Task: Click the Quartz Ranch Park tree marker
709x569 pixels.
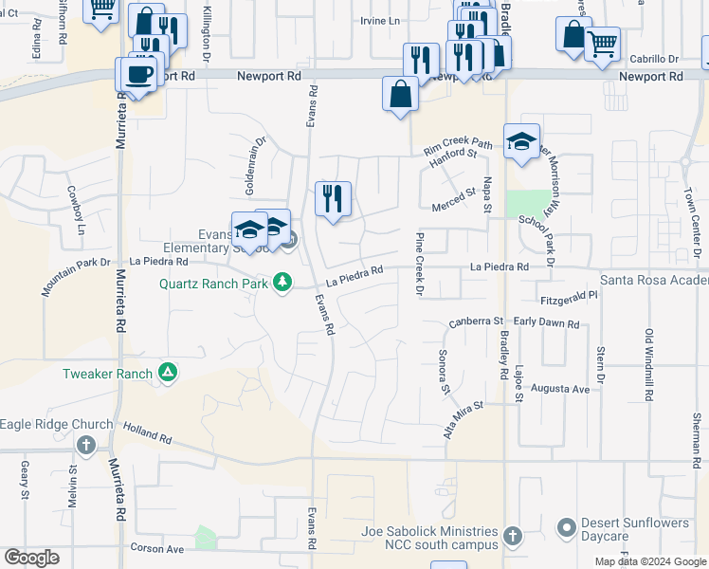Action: pos(282,282)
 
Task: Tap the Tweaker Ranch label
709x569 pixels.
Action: pos(107,374)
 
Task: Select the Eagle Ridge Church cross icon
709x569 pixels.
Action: pos(86,445)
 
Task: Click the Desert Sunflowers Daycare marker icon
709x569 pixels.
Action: pos(567,526)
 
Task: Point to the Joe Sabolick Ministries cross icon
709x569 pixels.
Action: pos(513,537)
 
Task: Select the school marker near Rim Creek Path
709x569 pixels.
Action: pos(521,141)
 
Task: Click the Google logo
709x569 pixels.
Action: pos(33,558)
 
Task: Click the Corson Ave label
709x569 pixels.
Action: pos(156,549)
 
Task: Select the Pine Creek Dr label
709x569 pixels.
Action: pos(418,263)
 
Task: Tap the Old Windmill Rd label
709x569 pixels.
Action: pos(649,365)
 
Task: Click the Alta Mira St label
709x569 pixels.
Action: pos(464,416)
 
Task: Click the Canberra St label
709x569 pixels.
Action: pos(475,321)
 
